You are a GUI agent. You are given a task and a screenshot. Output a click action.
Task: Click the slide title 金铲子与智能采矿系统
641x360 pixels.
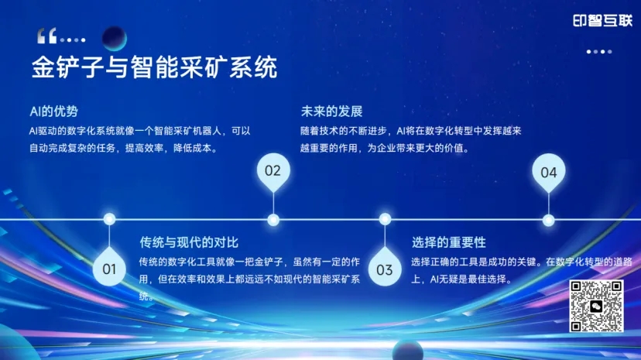(154, 68)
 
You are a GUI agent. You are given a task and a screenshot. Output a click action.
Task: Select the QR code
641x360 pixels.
(596, 306)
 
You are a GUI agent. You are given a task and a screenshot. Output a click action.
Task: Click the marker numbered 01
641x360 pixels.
(109, 269)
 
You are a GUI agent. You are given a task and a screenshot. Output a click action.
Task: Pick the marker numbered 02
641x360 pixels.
(273, 170)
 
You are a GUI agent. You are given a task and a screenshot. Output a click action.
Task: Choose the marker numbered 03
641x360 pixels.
(385, 269)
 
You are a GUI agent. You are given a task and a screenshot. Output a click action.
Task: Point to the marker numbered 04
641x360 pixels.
(548, 172)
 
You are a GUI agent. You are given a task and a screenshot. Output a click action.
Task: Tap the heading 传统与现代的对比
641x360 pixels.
(183, 242)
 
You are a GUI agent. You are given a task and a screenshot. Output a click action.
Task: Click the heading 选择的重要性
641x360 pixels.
(449, 242)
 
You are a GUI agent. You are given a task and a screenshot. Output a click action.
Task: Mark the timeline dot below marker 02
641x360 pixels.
(273, 220)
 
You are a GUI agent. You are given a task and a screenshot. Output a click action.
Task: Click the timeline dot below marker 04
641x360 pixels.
(548, 220)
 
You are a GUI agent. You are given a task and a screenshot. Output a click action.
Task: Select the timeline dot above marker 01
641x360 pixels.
(109, 219)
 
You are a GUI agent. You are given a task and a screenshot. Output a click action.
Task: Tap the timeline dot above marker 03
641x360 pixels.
(385, 219)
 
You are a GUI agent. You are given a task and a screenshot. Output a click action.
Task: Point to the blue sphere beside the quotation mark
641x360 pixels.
(115, 37)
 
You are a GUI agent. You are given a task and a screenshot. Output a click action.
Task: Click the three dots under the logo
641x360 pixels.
(599, 52)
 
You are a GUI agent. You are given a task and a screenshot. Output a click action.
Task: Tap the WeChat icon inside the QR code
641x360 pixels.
(596, 307)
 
